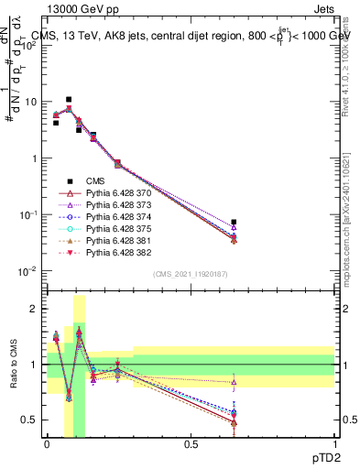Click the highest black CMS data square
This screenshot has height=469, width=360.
69,99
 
